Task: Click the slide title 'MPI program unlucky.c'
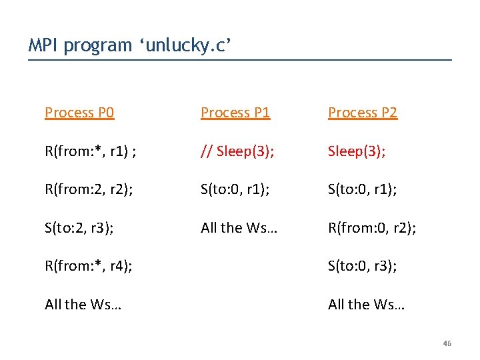130,45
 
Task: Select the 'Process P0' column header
79,113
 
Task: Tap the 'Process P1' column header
235,113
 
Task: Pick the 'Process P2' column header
363,113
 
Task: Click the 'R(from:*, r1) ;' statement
91,150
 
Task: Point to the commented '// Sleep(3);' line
237,150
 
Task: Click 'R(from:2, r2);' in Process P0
89,189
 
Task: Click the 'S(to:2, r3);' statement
79,227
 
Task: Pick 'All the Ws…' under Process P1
239,227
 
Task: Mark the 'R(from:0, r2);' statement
372,227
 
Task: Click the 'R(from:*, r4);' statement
88,266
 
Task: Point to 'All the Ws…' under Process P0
83,304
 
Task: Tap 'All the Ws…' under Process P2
366,304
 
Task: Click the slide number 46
447,343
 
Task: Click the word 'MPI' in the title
42,45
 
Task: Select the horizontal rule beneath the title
240,61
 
